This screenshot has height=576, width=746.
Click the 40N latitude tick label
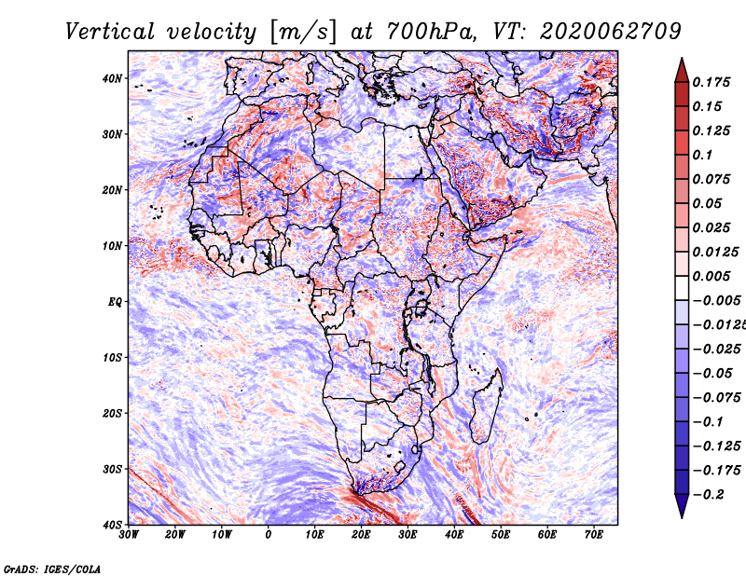pyautogui.click(x=111, y=78)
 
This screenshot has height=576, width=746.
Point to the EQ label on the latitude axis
pyautogui.click(x=115, y=302)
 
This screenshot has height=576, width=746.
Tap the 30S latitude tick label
pyautogui.click(x=111, y=470)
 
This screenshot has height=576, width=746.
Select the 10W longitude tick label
pyautogui.click(x=222, y=535)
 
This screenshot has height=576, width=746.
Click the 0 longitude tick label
pyautogui.click(x=269, y=535)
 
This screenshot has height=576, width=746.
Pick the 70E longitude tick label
pyautogui.click(x=593, y=535)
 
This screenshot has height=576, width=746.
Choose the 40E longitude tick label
pyautogui.click(x=454, y=535)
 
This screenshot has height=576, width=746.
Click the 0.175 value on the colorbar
pyautogui.click(x=711, y=82)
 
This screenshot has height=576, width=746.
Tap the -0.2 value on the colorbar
pyautogui.click(x=709, y=495)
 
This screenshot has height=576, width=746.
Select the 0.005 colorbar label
pyautogui.click(x=711, y=276)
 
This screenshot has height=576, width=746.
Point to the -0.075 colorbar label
pyautogui.click(x=716, y=398)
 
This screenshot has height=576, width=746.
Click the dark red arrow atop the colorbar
pyautogui.click(x=682, y=70)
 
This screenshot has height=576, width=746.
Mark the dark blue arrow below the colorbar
pyautogui.click(x=682, y=506)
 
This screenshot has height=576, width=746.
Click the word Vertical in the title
pyautogui.click(x=110, y=33)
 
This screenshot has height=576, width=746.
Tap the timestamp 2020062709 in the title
pyautogui.click(x=611, y=33)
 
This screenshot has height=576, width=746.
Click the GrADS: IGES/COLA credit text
pyautogui.click(x=52, y=569)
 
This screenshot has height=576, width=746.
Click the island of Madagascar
pyautogui.click(x=486, y=405)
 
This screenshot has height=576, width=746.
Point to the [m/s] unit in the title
pyautogui.click(x=303, y=33)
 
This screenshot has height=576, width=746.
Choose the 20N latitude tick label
pyautogui.click(x=111, y=190)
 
